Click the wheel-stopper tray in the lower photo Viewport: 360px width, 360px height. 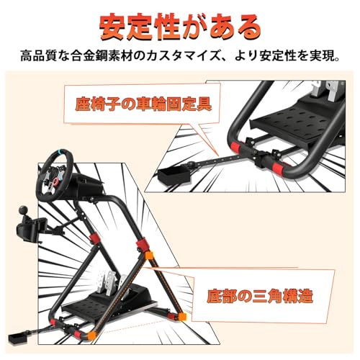point(18,338)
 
